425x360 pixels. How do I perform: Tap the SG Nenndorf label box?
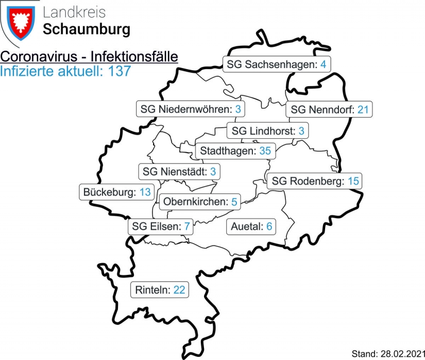(x=329, y=110)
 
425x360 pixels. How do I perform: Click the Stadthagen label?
(x=235, y=151)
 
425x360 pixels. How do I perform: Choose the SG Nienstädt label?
(x=179, y=172)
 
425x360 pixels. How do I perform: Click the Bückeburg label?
(x=117, y=192)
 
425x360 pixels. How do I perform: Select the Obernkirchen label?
(x=199, y=202)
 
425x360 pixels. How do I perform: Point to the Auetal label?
(x=251, y=227)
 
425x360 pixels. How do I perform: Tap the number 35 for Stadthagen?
(x=265, y=151)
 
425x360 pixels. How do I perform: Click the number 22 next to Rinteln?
(x=179, y=290)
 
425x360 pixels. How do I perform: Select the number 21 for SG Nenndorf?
(x=363, y=110)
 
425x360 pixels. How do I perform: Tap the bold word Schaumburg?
(x=86, y=30)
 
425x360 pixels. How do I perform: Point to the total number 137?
(x=119, y=71)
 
